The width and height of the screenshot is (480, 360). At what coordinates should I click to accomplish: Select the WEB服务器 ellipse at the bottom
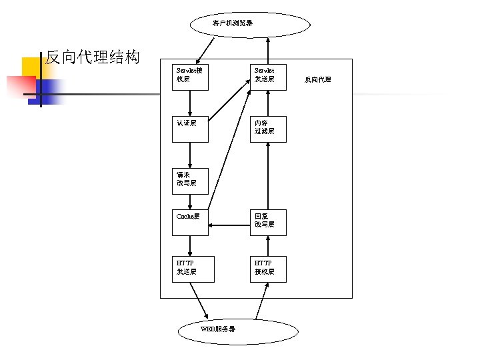(239, 331)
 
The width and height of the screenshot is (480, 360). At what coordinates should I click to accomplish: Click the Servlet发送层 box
(268, 76)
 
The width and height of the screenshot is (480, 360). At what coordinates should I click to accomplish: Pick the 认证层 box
(190, 129)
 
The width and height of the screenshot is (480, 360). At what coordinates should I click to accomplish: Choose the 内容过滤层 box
(268, 129)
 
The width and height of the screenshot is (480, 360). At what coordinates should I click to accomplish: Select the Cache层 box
(190, 223)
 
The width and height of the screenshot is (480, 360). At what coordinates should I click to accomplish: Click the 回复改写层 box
(268, 223)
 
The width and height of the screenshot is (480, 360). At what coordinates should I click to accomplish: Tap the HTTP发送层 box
(193, 269)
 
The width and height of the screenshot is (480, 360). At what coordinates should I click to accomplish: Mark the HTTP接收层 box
(268, 269)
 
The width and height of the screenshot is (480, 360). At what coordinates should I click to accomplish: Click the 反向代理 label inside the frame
(317, 80)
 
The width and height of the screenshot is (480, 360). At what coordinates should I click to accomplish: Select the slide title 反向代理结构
(92, 57)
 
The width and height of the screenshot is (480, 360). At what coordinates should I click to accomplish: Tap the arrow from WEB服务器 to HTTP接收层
(262, 301)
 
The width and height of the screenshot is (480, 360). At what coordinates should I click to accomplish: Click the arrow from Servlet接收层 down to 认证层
(190, 103)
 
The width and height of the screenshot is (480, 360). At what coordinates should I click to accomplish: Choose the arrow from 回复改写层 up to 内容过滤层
(268, 176)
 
